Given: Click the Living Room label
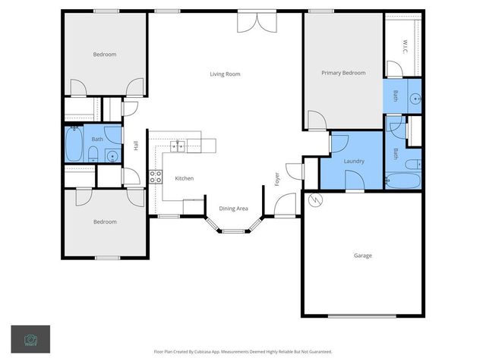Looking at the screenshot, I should [225, 74].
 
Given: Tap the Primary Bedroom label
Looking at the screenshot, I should [343, 73].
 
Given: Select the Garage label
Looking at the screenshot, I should [363, 256].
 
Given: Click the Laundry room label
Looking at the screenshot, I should [354, 161].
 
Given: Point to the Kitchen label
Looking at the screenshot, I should [185, 178].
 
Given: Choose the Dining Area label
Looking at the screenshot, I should [233, 208].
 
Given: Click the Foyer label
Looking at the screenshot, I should [277, 179].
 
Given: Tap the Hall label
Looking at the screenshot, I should [136, 146].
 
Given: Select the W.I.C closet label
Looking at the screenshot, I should [405, 45].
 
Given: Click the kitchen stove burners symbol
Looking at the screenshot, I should [156, 177].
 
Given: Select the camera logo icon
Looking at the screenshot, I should [30, 339].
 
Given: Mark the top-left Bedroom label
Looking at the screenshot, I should [105, 54].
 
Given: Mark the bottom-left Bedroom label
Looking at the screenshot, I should [105, 221].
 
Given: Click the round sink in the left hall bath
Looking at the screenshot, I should [112, 156].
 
